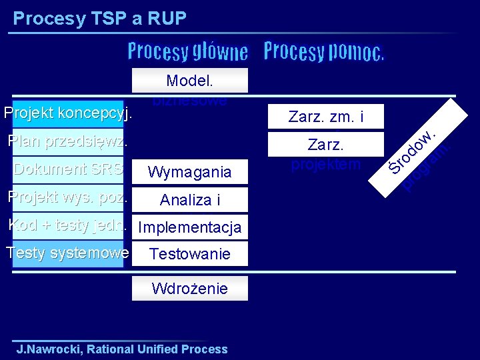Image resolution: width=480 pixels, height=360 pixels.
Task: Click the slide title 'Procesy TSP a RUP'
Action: [x=99, y=18]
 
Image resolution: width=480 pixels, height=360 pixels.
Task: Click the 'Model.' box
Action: [x=190, y=81]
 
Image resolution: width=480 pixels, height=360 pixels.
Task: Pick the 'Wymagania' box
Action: [x=190, y=172]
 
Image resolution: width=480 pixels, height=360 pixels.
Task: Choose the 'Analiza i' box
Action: [x=190, y=199]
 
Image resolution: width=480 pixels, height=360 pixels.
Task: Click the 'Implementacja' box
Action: [x=190, y=227]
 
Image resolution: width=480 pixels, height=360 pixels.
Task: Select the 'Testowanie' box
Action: [x=190, y=253]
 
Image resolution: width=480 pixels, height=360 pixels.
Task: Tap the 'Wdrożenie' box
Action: [x=190, y=288]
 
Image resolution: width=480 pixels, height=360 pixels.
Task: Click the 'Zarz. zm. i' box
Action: [x=326, y=117]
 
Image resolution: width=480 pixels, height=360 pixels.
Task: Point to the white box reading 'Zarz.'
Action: [x=326, y=144]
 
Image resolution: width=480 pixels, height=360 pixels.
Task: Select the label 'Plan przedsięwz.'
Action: [x=67, y=141]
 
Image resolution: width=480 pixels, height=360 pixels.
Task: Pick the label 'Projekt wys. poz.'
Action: [x=67, y=197]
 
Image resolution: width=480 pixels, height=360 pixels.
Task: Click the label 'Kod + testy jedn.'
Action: [x=67, y=225]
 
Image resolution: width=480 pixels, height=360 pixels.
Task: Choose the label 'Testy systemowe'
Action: [x=67, y=253]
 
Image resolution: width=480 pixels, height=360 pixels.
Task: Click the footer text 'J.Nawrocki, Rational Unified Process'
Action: [x=122, y=349]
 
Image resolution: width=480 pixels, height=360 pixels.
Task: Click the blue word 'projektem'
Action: [x=326, y=164]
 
